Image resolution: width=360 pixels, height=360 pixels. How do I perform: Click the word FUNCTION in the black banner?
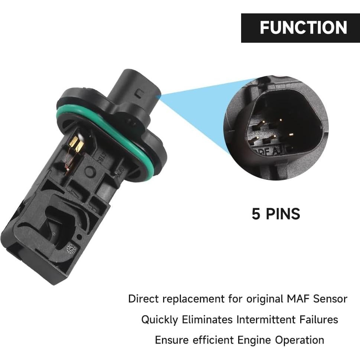[x=303, y=28]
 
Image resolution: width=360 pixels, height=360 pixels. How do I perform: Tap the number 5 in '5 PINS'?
[x=256, y=214]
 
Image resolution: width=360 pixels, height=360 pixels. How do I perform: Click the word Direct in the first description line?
[x=143, y=299]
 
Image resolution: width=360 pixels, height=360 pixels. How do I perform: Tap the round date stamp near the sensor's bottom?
[x=71, y=249]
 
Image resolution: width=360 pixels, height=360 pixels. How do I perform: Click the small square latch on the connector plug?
[x=140, y=93]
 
